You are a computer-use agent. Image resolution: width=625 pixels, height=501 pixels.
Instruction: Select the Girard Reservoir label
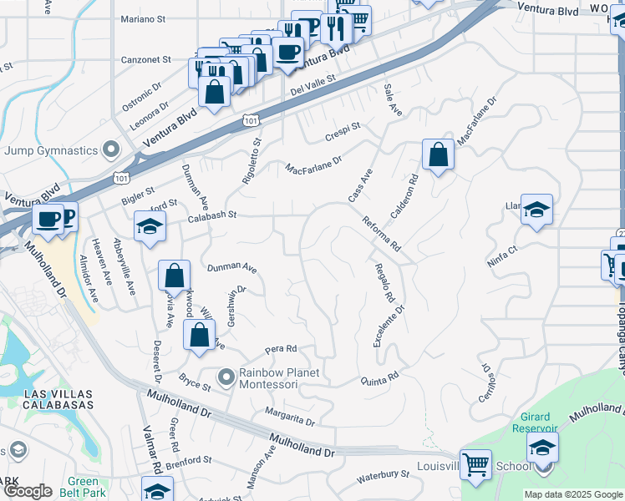tap(530, 423)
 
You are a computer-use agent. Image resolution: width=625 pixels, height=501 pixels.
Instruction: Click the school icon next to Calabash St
tap(150, 227)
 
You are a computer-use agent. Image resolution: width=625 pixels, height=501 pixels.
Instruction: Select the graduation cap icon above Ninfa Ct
tap(537, 210)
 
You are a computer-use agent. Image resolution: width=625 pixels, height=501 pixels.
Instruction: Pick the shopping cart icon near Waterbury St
tap(476, 464)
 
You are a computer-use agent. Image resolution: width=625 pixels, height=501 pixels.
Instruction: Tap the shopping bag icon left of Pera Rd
tap(200, 337)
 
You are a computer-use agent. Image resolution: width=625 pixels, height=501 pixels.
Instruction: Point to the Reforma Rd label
tap(382, 235)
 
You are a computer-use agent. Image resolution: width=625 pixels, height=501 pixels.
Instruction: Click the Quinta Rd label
tap(380, 378)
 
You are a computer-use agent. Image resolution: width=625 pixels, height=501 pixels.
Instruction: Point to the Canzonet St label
tap(146, 60)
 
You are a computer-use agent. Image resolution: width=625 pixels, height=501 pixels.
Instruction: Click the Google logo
tap(28, 491)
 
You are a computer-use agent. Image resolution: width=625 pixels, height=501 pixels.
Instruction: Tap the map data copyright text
tap(573, 494)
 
